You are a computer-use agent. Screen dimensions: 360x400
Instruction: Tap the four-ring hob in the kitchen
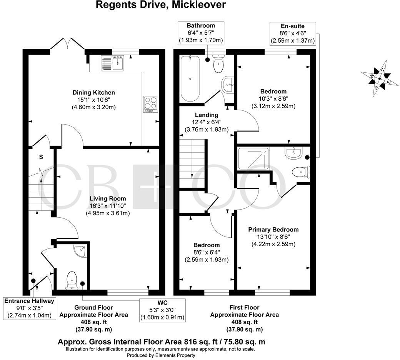(x=150, y=104)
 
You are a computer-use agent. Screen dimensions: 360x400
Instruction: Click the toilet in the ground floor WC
(x=72, y=279)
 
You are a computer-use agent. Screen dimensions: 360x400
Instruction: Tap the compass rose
(x=379, y=79)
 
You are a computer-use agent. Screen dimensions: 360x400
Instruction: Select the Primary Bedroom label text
(x=273, y=230)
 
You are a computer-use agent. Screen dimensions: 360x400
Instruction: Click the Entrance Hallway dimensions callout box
(x=29, y=308)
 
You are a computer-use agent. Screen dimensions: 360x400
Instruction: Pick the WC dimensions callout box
(x=163, y=310)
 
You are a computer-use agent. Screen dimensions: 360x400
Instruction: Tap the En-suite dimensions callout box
(x=293, y=33)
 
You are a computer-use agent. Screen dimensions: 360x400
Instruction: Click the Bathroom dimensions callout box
(x=201, y=33)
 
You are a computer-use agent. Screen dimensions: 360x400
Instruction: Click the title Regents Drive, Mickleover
(x=161, y=5)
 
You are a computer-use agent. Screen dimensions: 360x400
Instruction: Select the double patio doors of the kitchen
(x=68, y=43)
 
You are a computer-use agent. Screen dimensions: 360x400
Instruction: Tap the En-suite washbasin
(x=293, y=153)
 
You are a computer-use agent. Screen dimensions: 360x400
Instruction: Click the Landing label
(x=207, y=115)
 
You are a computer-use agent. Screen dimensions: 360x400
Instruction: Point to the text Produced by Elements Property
(x=161, y=355)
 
